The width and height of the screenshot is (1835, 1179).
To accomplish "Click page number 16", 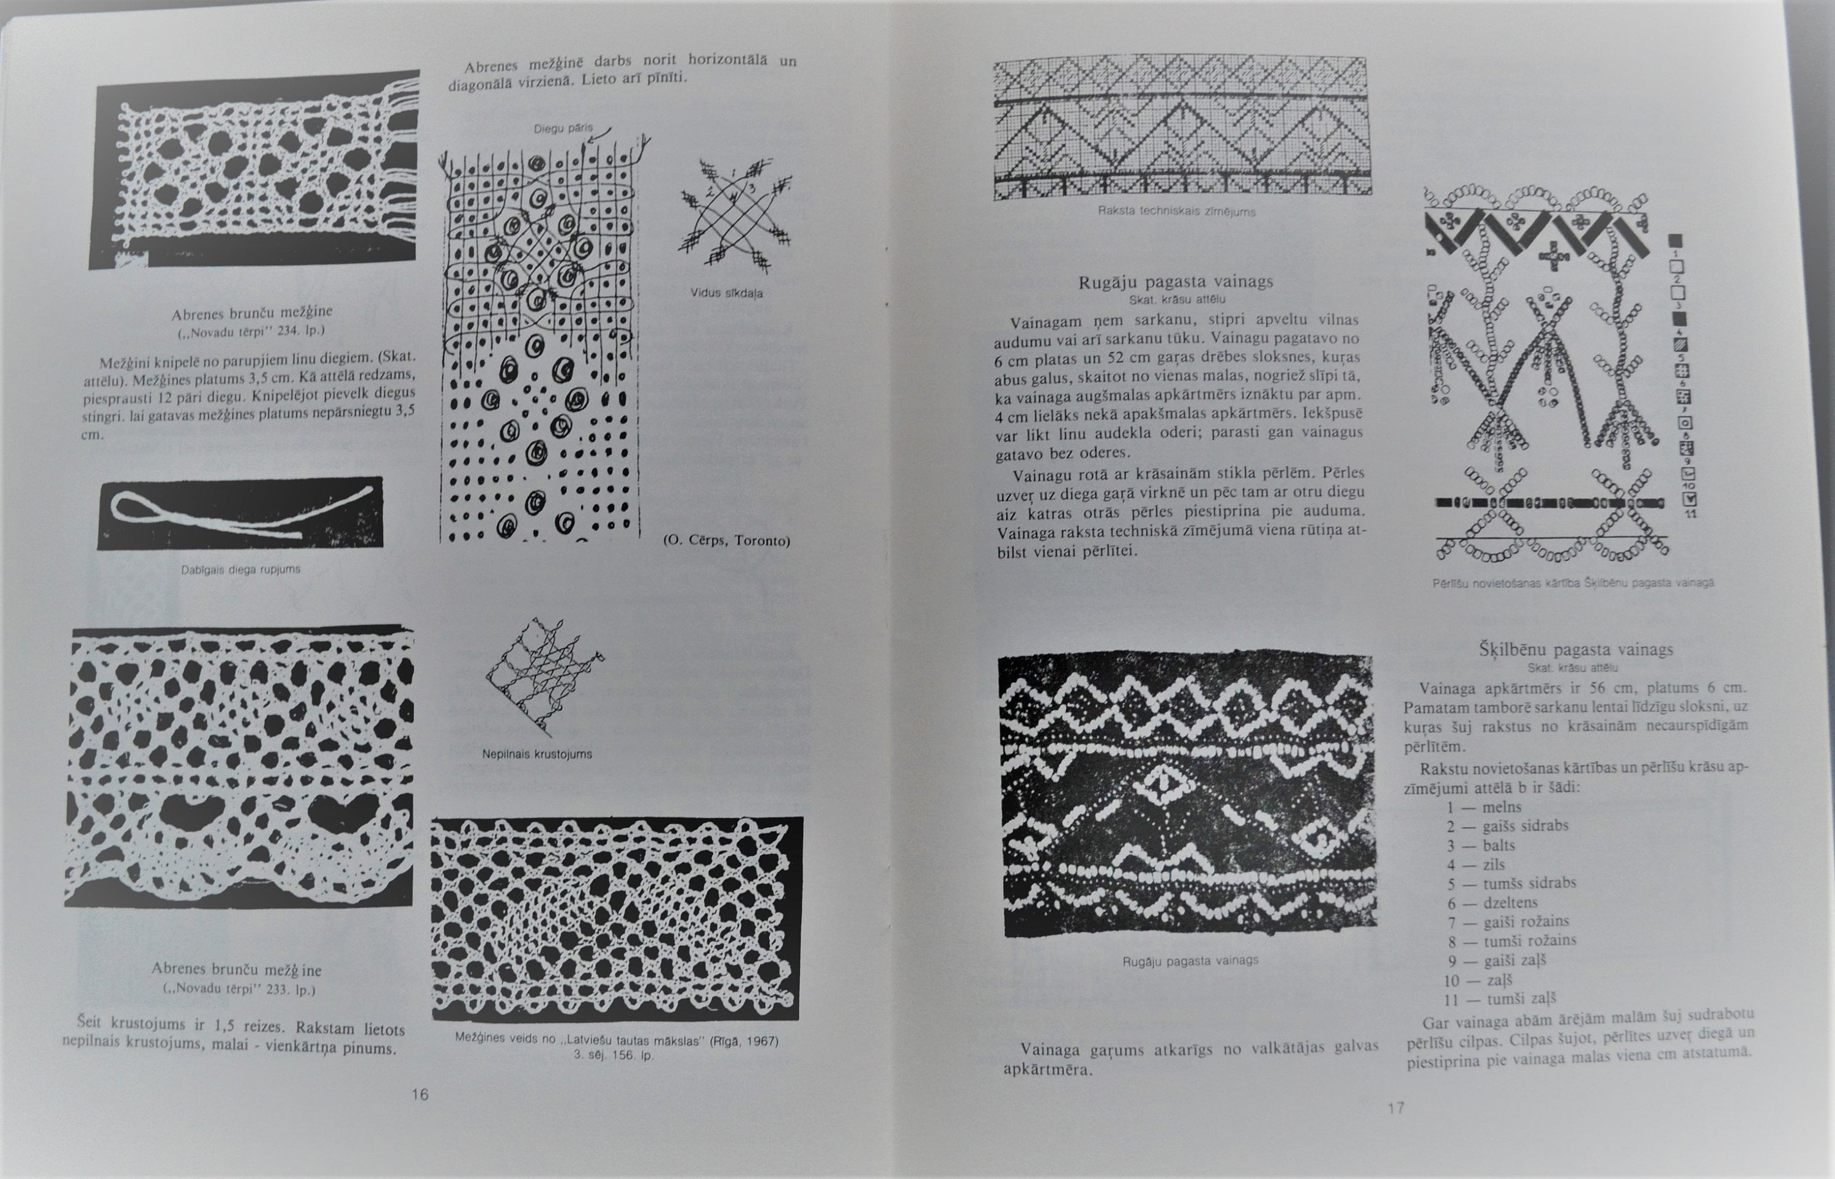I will [x=420, y=1094].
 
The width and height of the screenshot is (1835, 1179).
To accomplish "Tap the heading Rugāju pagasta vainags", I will [x=1176, y=281].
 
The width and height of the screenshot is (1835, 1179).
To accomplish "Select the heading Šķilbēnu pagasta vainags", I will [x=1576, y=650].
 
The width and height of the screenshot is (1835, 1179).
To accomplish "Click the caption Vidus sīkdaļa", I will [x=726, y=292].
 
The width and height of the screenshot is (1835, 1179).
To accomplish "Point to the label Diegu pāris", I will [x=563, y=128].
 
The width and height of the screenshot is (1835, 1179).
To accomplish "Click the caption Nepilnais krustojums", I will [x=536, y=754].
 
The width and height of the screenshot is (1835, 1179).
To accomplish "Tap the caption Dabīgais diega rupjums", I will [x=240, y=570].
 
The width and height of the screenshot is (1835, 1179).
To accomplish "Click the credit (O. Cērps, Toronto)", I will [x=726, y=540].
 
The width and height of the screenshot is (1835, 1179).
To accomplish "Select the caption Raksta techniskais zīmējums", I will [x=1176, y=211].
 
